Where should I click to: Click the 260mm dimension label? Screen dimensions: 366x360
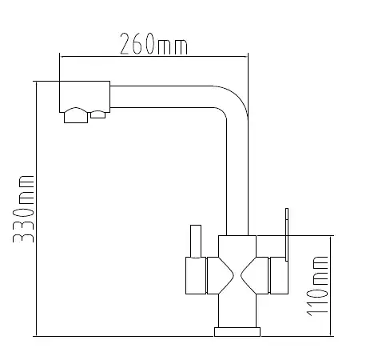[x=153, y=44]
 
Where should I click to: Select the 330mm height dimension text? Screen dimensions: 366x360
[x=24, y=209]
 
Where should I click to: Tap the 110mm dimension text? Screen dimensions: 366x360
[x=317, y=286]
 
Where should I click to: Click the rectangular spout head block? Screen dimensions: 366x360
[x=85, y=96]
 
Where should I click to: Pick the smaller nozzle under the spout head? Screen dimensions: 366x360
[x=98, y=114]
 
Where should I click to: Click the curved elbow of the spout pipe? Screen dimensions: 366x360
[x=234, y=102]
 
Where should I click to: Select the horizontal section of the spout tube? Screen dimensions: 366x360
[x=162, y=97]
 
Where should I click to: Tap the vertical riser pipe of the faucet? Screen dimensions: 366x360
[x=237, y=176]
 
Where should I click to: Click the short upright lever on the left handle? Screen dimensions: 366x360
[x=196, y=242]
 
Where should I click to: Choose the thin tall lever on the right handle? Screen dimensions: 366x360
[x=287, y=234]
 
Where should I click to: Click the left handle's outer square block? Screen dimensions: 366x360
[x=196, y=276]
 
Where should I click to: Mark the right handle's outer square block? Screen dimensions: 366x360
[x=279, y=276]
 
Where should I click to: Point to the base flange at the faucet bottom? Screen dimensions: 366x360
[x=237, y=332]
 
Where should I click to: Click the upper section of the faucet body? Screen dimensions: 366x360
[x=237, y=246]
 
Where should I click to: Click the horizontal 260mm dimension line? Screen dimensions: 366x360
[x=153, y=57]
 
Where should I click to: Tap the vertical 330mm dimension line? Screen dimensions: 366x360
[x=36, y=209]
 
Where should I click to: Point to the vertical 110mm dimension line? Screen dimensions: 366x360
[x=331, y=286]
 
